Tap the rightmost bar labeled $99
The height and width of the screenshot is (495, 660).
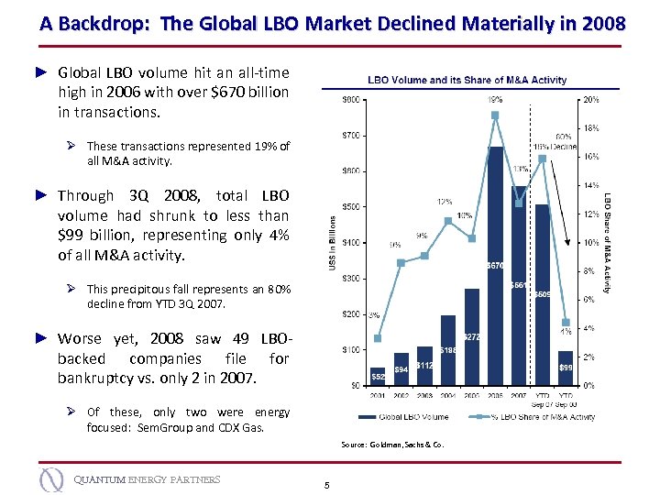coord(566,368)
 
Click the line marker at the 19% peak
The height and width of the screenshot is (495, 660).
coord(495,115)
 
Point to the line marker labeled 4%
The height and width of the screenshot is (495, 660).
coord(566,322)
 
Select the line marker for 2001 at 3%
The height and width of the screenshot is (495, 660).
coord(378,338)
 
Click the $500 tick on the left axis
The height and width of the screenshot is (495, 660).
coord(349,207)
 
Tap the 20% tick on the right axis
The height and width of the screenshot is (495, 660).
coord(591,100)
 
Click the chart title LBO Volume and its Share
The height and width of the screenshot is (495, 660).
coord(467,81)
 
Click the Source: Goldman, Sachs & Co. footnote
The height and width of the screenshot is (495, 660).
coord(391,446)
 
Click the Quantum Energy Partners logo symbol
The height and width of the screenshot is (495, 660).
coord(52,479)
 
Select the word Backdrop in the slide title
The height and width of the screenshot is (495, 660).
coord(101,24)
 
